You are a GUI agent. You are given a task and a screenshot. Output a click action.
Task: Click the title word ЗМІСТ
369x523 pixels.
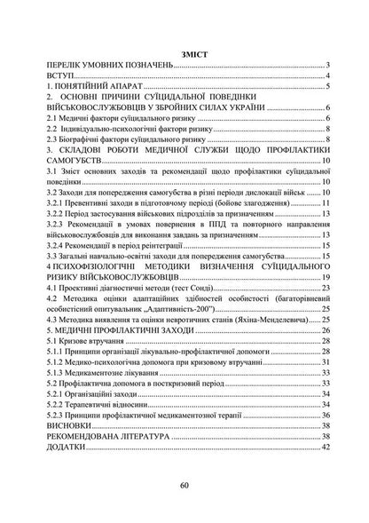[x=185, y=54]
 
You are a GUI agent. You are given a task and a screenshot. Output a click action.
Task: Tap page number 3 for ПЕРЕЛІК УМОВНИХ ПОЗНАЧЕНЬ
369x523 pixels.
[x=327, y=66]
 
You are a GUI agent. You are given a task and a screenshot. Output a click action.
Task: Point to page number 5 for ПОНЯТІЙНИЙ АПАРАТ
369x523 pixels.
[x=327, y=91]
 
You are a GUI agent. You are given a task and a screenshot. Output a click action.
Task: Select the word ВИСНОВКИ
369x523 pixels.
[x=59, y=450]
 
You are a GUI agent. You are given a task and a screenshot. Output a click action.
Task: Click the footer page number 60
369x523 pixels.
[x=184, y=487]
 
